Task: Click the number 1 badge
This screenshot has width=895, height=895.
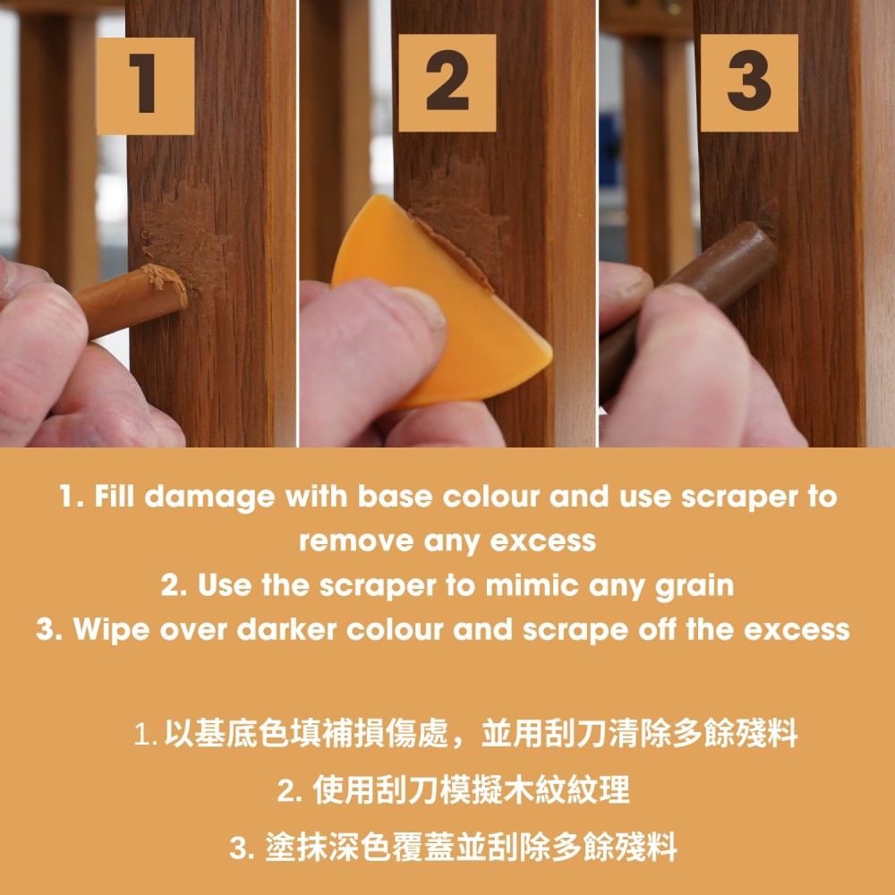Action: (146, 86)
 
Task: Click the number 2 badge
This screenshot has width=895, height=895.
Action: (447, 82)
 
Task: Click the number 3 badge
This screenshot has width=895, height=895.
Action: (749, 82)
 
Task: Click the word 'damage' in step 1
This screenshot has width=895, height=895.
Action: (209, 498)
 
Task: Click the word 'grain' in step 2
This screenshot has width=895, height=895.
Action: (695, 587)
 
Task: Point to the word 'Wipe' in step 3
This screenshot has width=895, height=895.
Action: (111, 629)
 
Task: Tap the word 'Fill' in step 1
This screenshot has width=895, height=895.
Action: (115, 496)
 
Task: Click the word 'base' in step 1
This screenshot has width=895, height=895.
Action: (395, 497)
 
